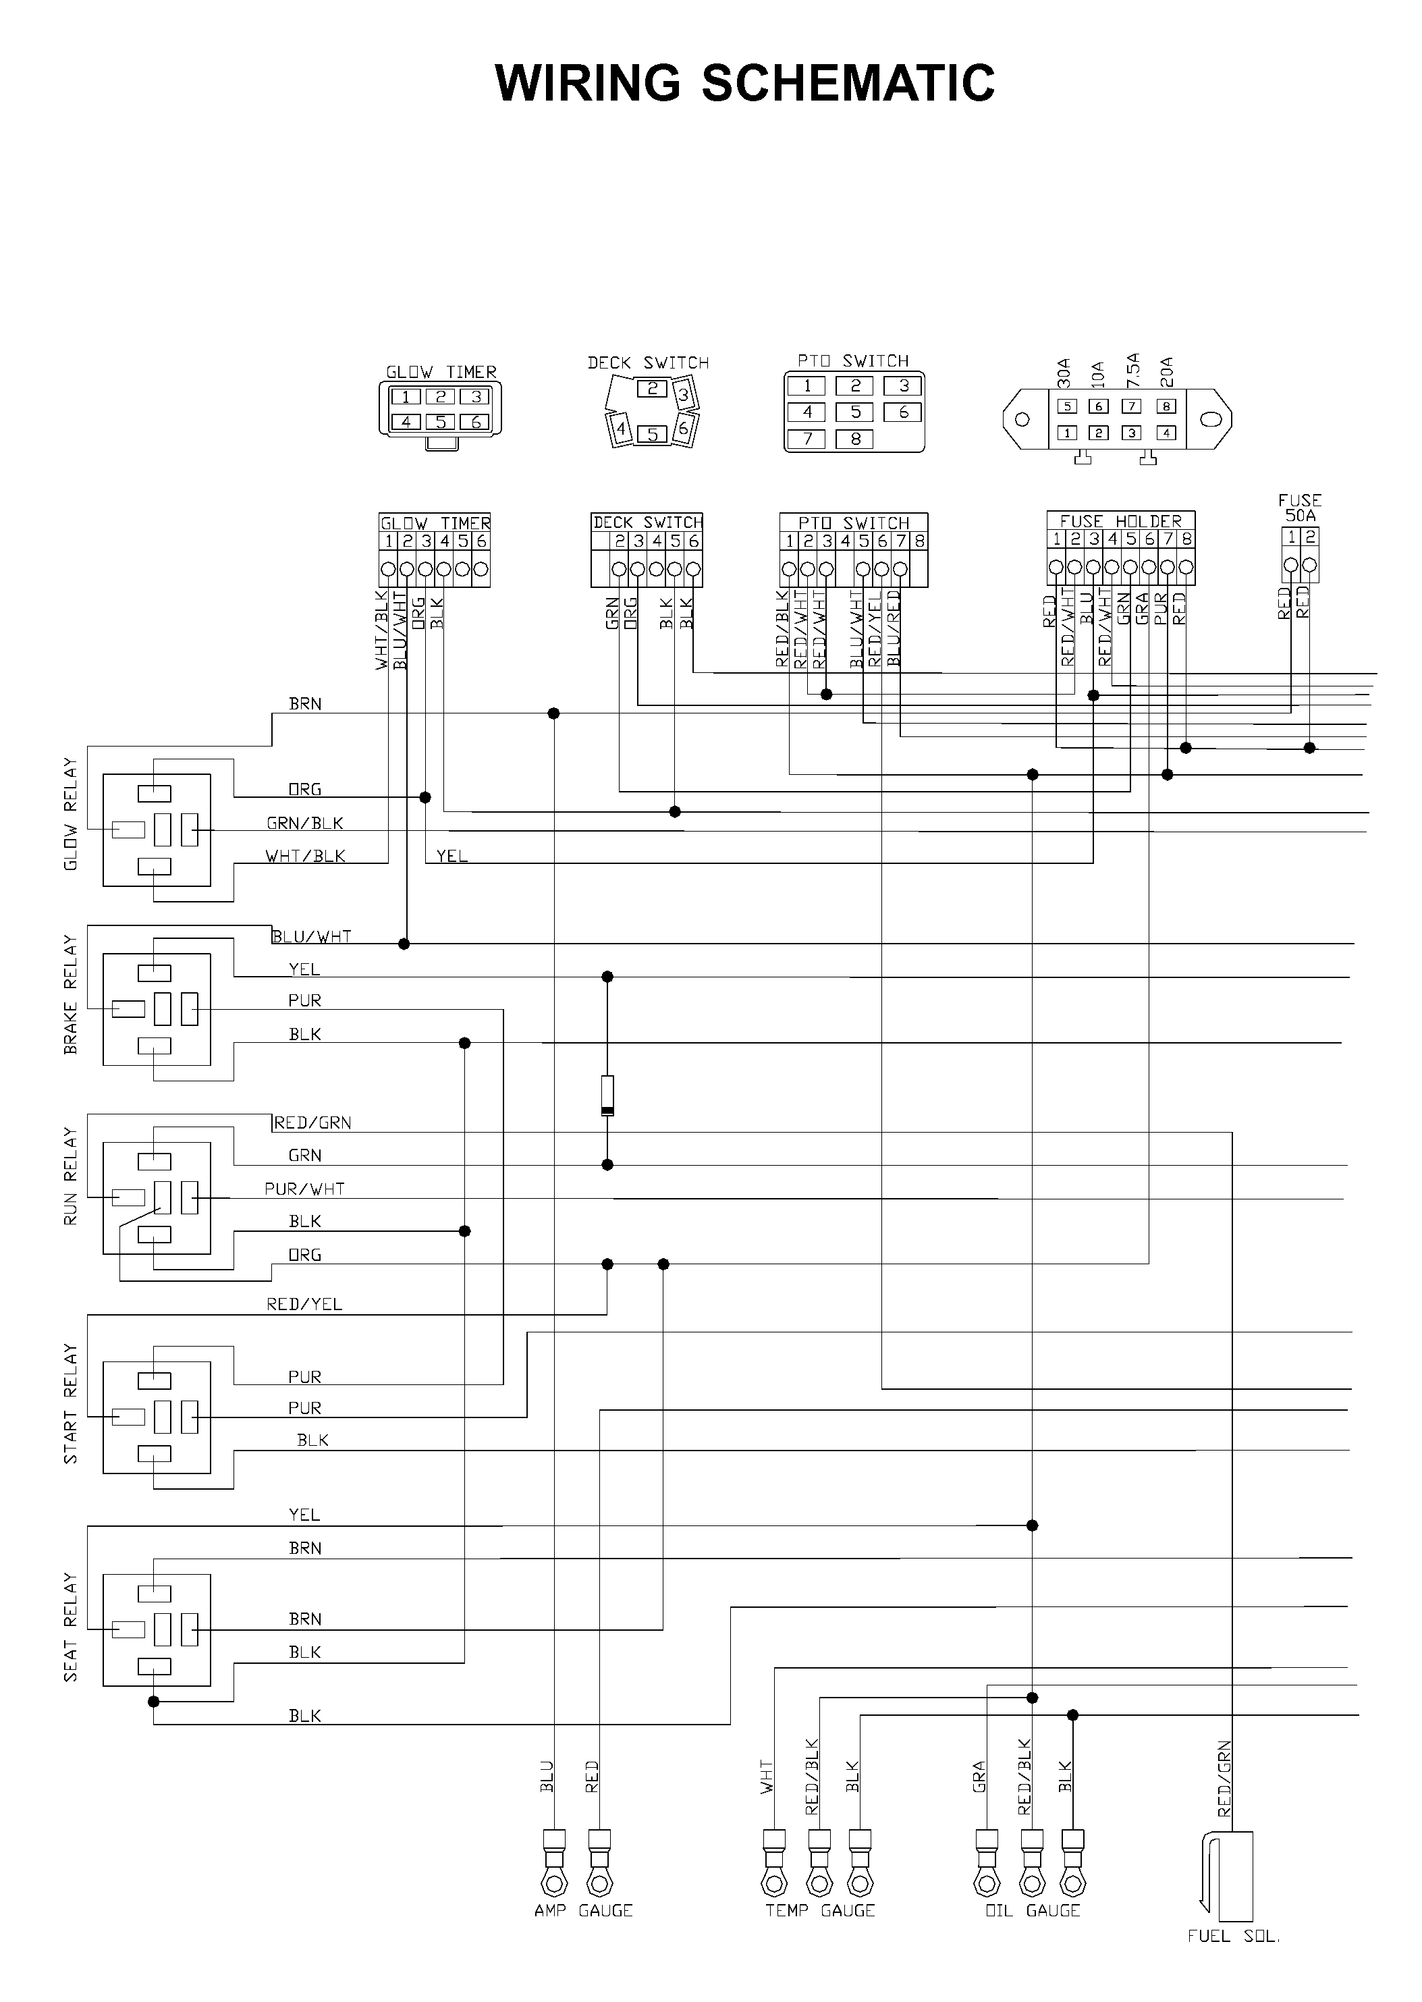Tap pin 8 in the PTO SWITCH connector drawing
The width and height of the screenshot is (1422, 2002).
856,439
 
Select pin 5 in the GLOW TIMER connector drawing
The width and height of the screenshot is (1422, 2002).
441,422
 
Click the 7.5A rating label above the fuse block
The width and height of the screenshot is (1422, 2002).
1133,371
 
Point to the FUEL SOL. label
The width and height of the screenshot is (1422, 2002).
1234,1935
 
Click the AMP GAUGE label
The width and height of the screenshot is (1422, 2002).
583,1910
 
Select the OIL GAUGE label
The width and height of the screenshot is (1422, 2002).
1033,1910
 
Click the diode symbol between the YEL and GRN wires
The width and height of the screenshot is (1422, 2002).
607,1095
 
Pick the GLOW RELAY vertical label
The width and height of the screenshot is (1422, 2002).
70,815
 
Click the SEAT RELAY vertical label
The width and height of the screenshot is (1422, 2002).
70,1628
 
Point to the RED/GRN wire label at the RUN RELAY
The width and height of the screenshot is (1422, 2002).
312,1122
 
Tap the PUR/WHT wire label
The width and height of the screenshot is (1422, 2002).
305,1189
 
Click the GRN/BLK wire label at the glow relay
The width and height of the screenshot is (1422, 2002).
305,822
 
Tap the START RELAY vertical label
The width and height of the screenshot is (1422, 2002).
70,1404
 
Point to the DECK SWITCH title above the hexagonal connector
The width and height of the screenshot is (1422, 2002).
648,362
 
